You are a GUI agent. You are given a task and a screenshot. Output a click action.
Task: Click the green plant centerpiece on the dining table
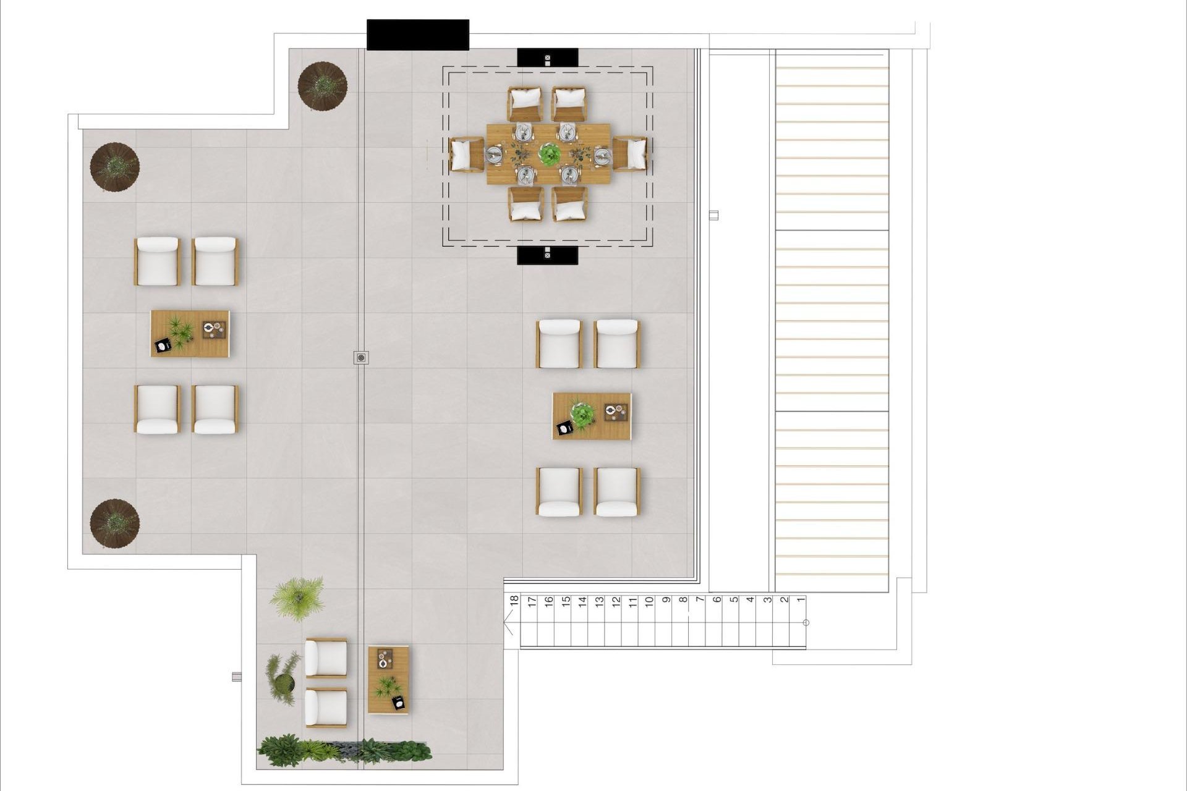click(x=548, y=154)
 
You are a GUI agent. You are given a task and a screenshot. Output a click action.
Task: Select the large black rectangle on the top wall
click(x=418, y=35)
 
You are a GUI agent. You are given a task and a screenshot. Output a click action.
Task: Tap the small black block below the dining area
click(x=547, y=255)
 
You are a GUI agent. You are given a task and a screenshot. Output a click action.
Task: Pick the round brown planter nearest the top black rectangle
click(x=322, y=86)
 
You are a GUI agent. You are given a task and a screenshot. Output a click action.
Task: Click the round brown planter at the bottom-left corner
click(x=115, y=523)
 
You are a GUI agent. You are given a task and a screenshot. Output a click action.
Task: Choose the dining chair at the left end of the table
click(x=467, y=154)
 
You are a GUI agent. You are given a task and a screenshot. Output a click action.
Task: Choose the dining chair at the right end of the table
click(x=630, y=153)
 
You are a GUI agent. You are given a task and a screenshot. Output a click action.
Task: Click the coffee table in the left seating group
click(x=190, y=334)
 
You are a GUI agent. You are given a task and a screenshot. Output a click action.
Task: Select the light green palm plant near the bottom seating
click(x=298, y=598)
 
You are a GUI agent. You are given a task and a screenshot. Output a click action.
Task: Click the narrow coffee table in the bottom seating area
click(x=388, y=680)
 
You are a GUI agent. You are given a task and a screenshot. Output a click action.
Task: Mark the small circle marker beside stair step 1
click(x=806, y=622)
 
